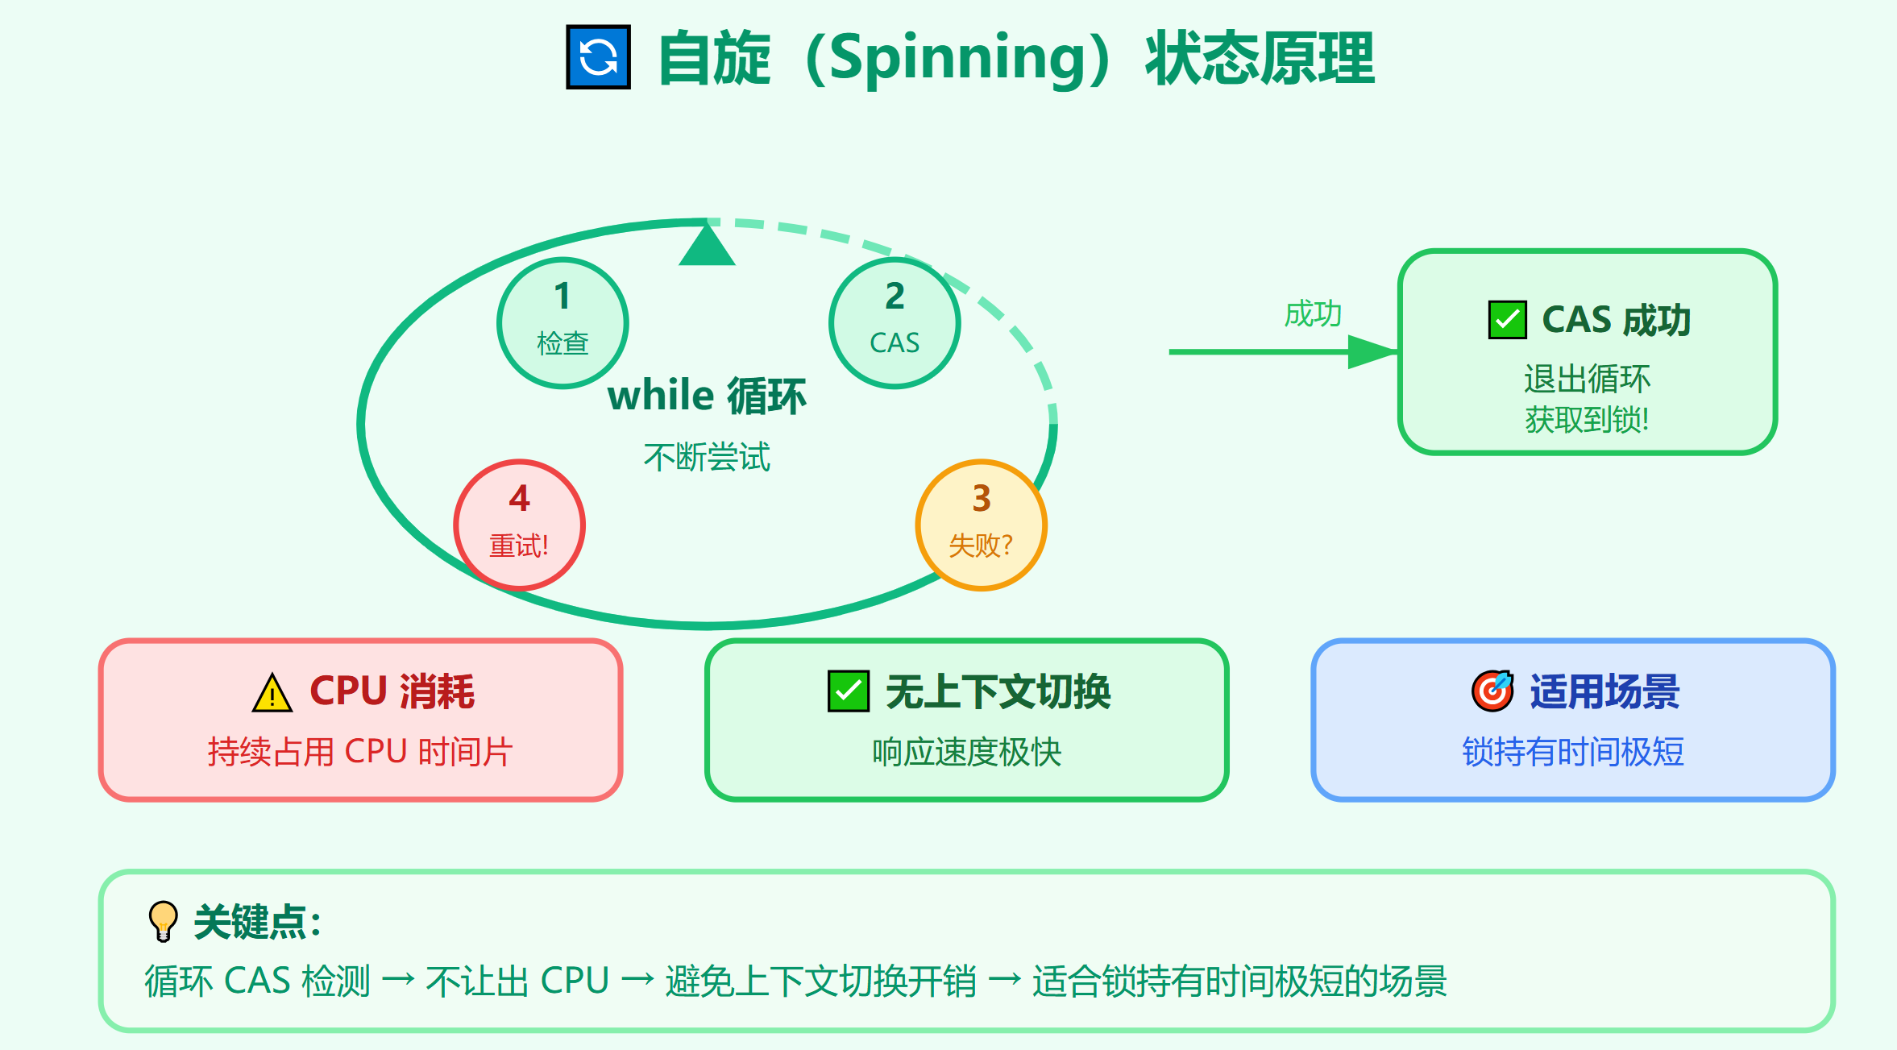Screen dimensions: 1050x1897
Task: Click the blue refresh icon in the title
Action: coord(598,57)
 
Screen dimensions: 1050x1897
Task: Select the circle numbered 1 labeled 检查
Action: coord(562,322)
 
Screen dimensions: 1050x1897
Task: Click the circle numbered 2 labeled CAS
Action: coord(895,322)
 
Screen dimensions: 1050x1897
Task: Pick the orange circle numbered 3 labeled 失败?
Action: coord(981,525)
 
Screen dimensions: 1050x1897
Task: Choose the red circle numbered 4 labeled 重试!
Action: coord(519,525)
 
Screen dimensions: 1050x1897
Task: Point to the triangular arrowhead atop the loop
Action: coord(707,247)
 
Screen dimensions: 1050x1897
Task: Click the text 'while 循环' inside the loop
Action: coord(707,396)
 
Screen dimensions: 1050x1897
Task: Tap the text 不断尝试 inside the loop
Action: coord(707,457)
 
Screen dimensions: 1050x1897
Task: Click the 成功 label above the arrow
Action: coord(1313,313)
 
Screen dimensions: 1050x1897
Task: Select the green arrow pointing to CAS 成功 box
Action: coord(1281,352)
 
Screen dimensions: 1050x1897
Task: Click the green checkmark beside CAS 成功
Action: coord(1507,320)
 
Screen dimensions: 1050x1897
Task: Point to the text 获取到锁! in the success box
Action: coord(1587,420)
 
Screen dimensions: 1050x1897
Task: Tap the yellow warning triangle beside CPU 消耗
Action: coord(272,693)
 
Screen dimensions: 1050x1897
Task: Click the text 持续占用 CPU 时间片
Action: coord(360,752)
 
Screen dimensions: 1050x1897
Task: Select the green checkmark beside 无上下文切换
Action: coord(849,691)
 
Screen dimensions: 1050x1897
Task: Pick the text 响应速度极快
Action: coord(966,752)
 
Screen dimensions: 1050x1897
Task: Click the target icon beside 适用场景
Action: coord(1492,691)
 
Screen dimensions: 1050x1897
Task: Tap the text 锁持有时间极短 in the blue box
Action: coord(1573,752)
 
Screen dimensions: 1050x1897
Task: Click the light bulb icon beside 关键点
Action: coord(164,920)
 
